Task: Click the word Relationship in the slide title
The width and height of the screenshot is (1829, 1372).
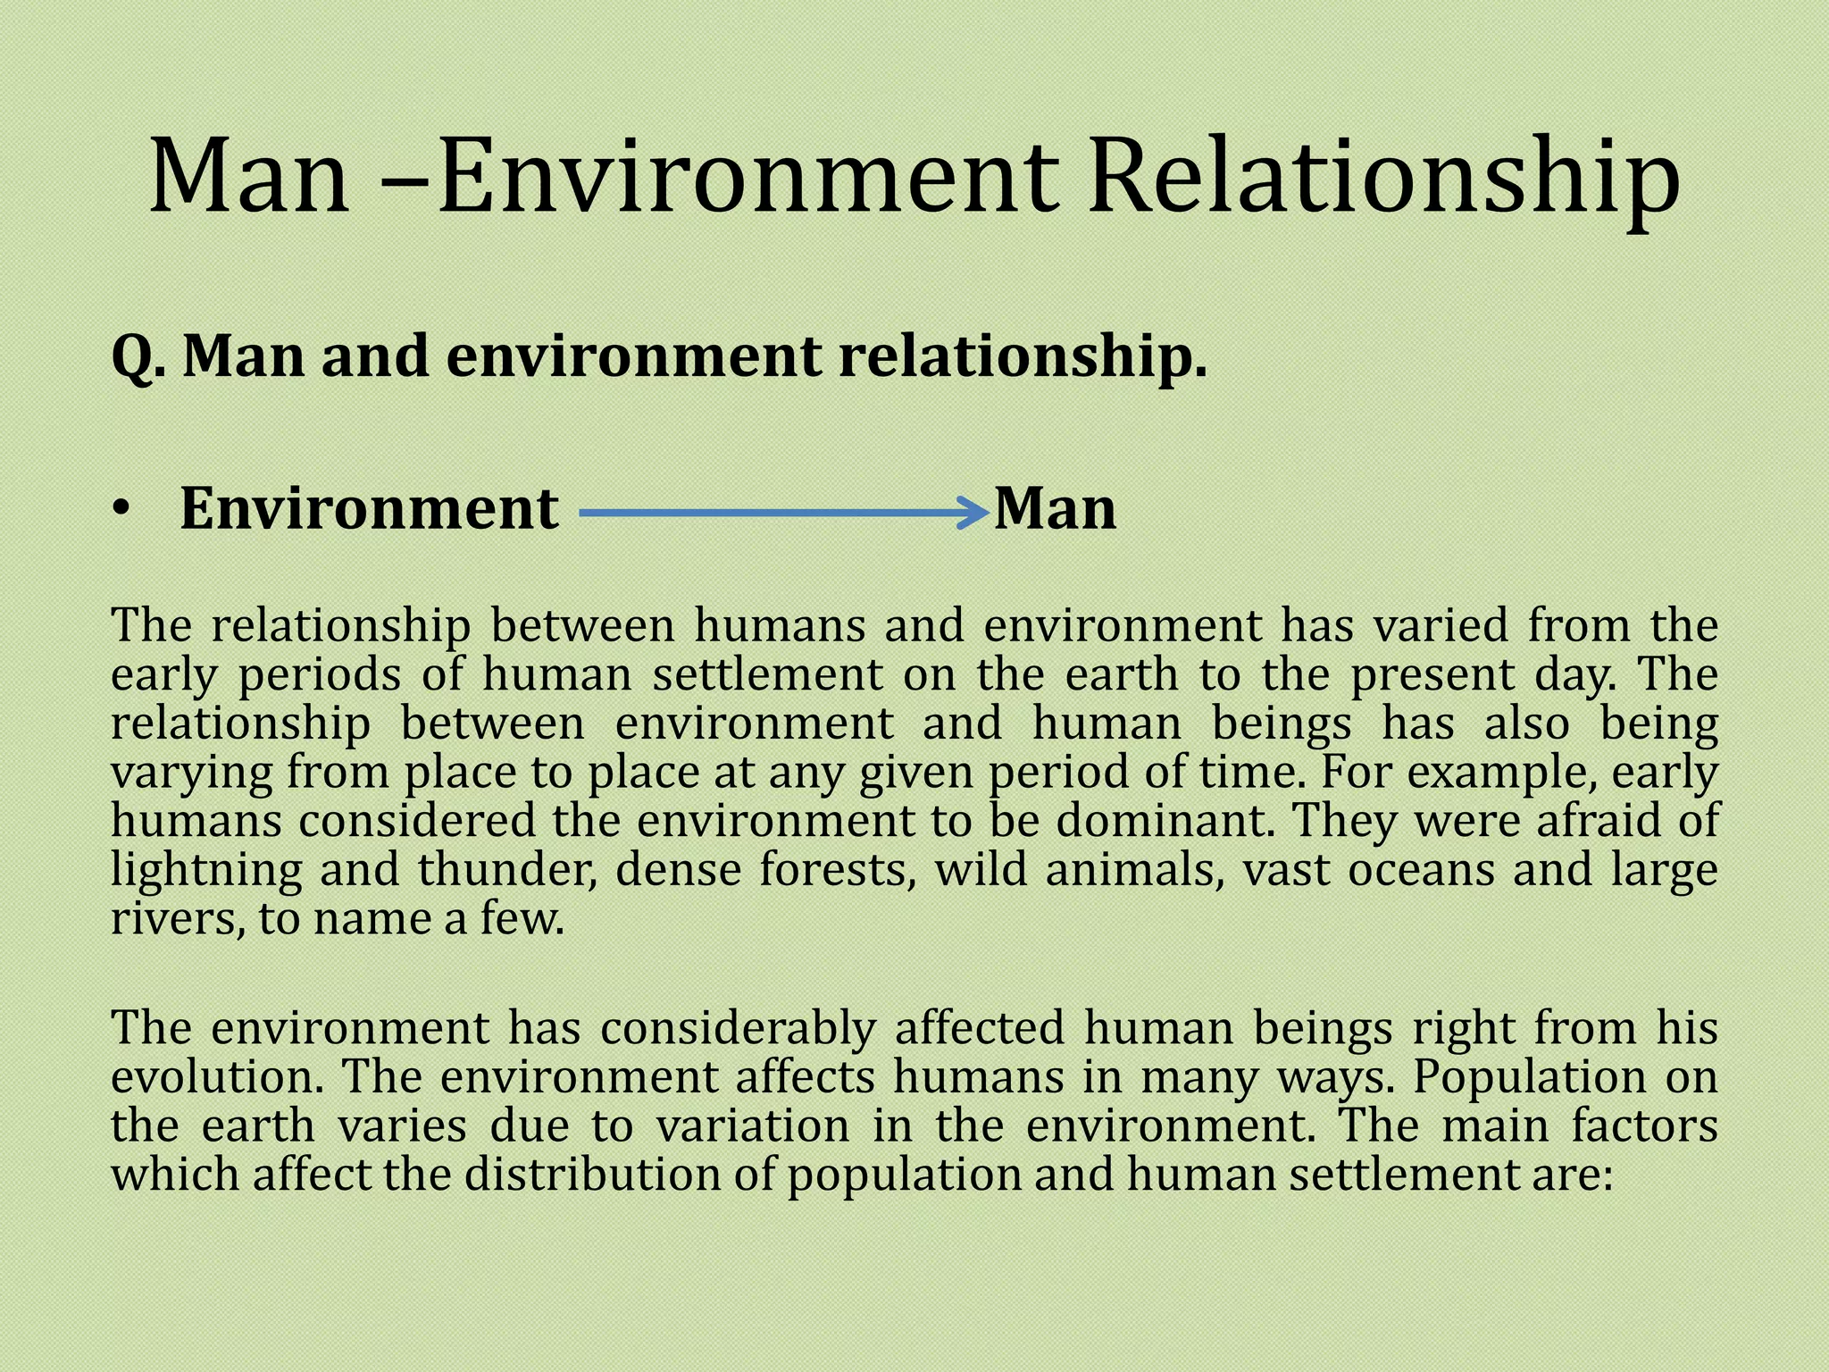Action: tap(1384, 179)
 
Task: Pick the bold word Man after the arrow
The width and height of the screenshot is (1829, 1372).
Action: tap(1055, 509)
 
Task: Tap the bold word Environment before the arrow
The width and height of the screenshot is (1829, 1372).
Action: tap(370, 509)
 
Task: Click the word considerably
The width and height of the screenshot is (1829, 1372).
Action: tap(738, 1029)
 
